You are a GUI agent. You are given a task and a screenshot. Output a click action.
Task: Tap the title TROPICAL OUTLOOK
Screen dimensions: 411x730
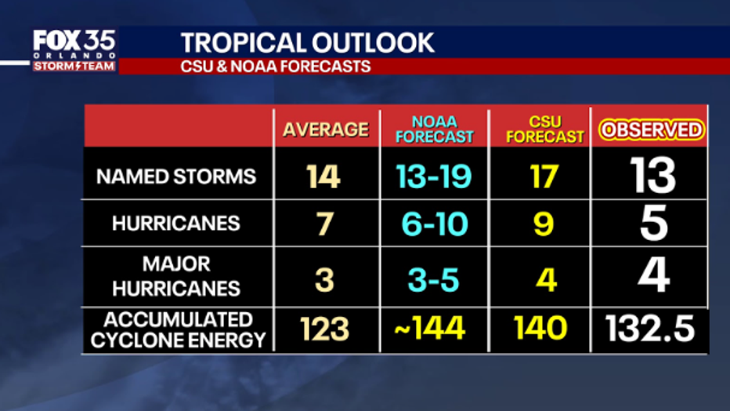(308, 42)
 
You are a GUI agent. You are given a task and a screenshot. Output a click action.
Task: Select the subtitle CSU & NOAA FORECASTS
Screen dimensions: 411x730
(276, 67)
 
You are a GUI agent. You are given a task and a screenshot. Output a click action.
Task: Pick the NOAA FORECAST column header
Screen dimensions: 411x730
(434, 129)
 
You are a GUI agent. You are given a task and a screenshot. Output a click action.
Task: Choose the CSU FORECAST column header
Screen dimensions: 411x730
(545, 129)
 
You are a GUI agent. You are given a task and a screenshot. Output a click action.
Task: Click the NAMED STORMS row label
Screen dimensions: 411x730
(176, 176)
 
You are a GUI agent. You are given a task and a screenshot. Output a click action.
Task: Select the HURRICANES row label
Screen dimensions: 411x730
(176, 224)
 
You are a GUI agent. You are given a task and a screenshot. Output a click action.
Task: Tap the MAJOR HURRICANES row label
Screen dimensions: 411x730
(176, 275)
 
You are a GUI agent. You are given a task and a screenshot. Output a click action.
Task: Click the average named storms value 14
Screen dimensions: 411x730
(323, 176)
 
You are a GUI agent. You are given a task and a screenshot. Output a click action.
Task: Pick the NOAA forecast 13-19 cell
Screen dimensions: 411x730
(433, 176)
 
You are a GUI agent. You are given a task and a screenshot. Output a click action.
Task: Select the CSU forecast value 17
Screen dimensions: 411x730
(543, 176)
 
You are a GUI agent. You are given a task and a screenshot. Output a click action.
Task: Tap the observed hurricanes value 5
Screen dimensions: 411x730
(652, 224)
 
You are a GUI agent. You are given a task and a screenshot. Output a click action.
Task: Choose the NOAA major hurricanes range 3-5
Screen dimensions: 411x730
(432, 277)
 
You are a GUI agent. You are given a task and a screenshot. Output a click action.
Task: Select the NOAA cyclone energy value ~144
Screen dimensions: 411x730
(429, 329)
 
